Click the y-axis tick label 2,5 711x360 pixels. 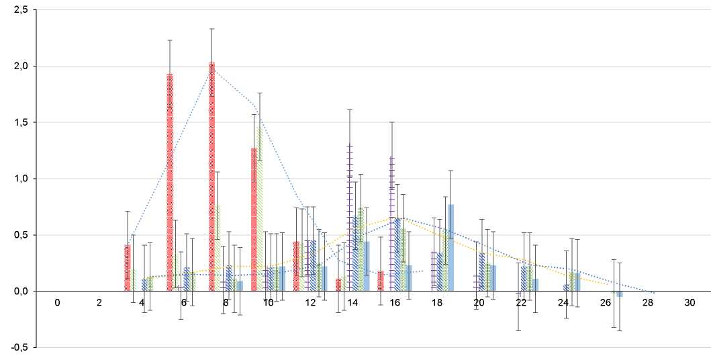(19, 10)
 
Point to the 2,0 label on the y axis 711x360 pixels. (19, 66)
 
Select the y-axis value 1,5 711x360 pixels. (19, 123)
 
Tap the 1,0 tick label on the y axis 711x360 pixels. (19, 179)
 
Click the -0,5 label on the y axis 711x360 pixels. (18, 347)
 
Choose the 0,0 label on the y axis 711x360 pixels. (19, 291)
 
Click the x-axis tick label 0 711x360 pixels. (58, 303)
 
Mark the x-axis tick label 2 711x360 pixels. (99, 303)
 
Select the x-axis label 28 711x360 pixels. (648, 303)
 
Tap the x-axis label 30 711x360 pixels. (690, 303)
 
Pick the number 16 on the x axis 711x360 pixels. (395, 303)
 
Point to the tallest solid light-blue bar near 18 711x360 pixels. (451, 248)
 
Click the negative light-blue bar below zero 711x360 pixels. (620, 294)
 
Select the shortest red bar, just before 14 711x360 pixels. (338, 285)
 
